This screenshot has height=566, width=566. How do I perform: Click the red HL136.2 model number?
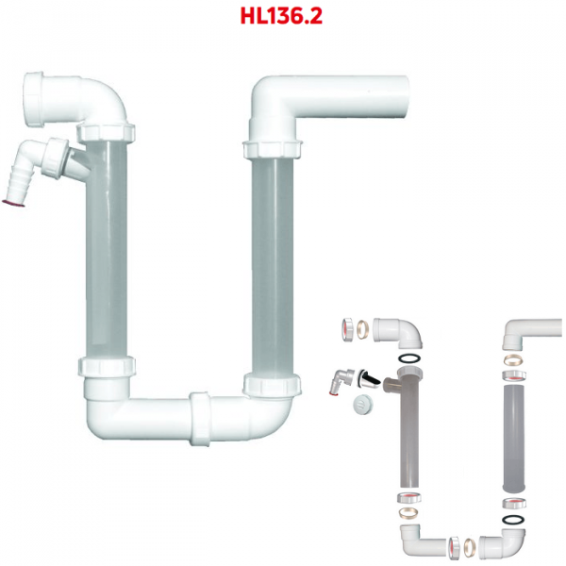pos(281,16)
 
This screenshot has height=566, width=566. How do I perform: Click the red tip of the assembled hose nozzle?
pos(13,203)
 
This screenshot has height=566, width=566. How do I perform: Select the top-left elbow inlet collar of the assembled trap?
pos(34,99)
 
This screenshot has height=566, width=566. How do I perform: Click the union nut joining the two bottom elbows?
pos(200,419)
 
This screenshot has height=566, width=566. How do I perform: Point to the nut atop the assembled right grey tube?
pos(273,149)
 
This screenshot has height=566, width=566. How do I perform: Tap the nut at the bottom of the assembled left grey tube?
pos(107,366)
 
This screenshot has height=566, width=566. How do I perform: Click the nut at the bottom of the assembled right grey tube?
pos(272,385)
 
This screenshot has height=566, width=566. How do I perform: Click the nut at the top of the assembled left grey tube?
pos(106,133)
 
